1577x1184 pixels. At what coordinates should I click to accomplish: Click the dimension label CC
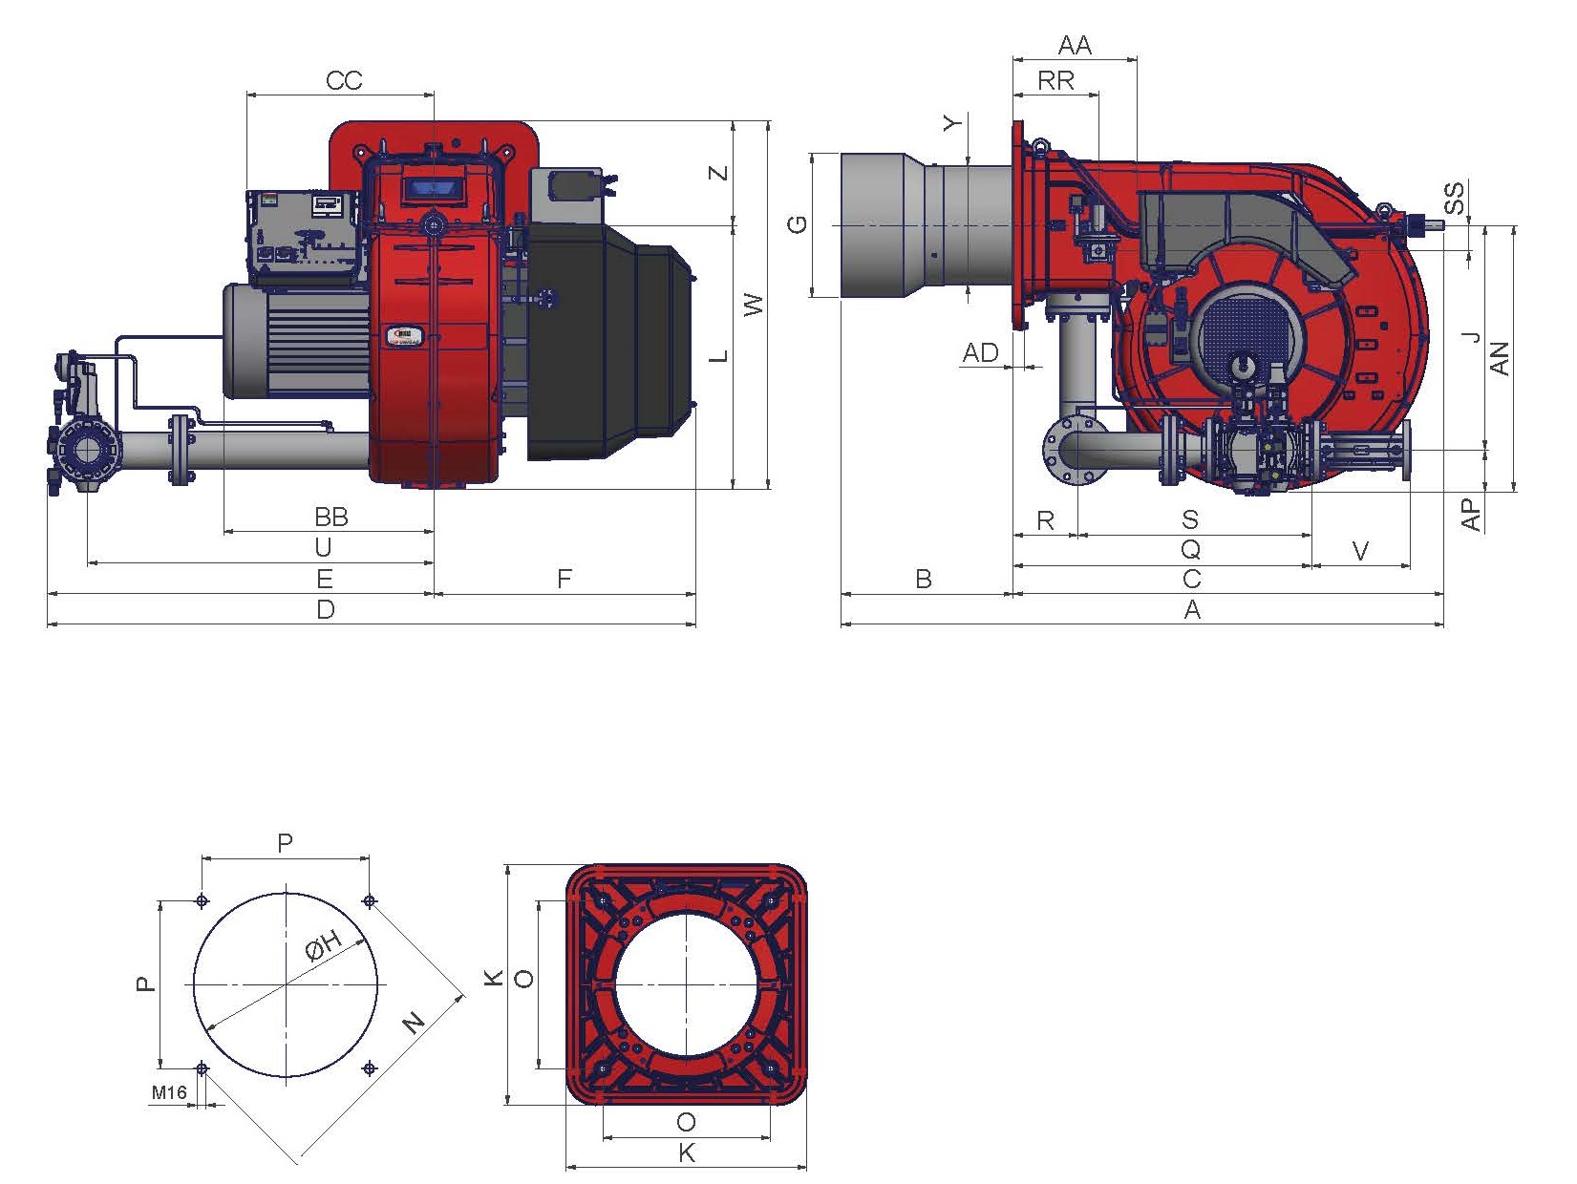coord(344,80)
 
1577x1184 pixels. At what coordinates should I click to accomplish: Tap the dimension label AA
coord(1075,46)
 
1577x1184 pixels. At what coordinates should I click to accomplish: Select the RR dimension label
coord(1055,81)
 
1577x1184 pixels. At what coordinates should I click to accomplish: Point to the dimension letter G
coord(799,224)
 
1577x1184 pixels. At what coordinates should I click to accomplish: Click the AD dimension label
coord(981,352)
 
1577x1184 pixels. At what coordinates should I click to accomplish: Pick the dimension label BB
coord(331,517)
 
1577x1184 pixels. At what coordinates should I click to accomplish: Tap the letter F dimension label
coord(565,578)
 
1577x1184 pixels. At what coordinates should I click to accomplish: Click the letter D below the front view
coord(326,609)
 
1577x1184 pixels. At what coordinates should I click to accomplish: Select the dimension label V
coord(1361,551)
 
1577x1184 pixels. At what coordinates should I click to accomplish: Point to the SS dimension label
coord(1454,199)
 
